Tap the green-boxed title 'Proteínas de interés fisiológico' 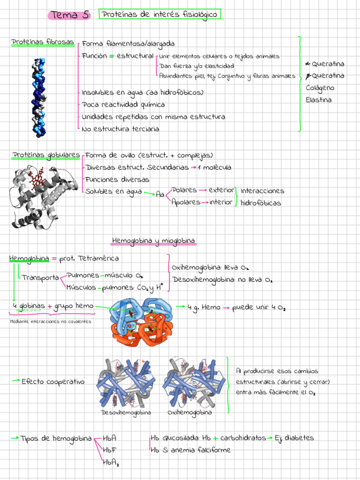[160, 15]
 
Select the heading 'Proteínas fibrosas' [42, 42]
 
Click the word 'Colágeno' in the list [320, 88]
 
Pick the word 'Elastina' [319, 100]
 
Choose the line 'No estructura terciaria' [121, 129]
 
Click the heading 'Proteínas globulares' [46, 155]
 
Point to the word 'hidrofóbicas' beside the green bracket [260, 203]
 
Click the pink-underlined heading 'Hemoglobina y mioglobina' [153, 241]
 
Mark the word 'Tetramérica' [97, 258]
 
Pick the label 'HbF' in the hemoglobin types [110, 450]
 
